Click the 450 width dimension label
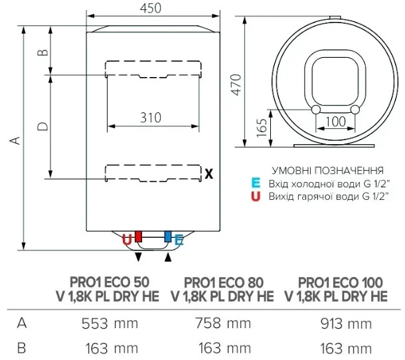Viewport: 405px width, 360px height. pos(151,8)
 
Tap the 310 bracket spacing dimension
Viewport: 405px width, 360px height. pos(151,118)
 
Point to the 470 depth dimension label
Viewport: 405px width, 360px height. pos(236,85)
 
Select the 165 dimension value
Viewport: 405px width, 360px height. pos(262,128)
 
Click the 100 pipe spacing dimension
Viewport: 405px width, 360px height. pos(335,121)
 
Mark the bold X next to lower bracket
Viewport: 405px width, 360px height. pos(208,173)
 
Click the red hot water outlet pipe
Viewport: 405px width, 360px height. pos(139,236)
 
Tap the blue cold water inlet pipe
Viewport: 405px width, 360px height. pos(168,236)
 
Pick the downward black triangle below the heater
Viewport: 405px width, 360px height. pos(139,257)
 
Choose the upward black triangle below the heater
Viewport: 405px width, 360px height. pos(168,257)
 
